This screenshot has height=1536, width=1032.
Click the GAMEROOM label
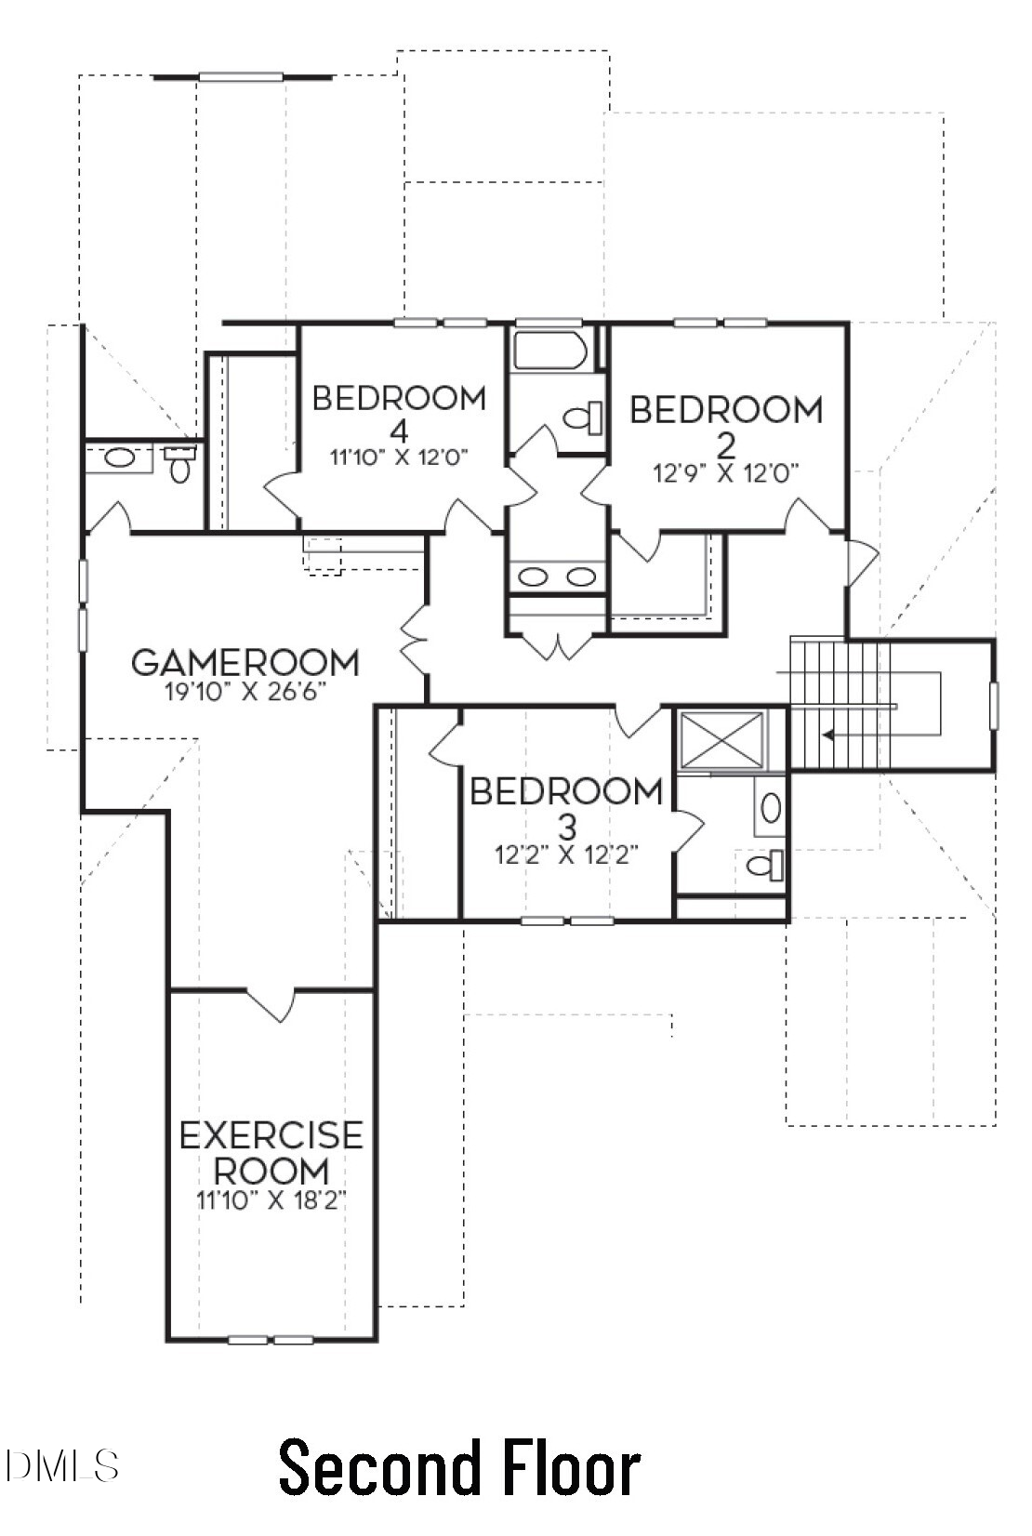coord(245,662)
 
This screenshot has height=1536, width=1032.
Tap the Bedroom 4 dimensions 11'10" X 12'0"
coord(399,457)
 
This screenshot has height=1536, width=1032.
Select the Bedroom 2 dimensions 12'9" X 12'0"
coord(726,473)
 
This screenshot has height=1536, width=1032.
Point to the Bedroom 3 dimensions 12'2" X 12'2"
coord(566,854)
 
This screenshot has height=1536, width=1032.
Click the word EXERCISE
coord(271,1135)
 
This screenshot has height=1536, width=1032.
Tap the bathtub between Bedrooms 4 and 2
coord(550,351)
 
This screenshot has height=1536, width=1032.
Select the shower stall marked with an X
coord(721,740)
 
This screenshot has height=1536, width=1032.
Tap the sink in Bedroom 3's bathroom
coord(771,809)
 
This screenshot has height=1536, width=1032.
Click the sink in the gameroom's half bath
coord(119,457)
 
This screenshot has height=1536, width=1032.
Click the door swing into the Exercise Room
coord(271,1005)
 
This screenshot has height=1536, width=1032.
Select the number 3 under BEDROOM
coord(567,828)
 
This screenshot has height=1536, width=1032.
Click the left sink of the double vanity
coord(532,577)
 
